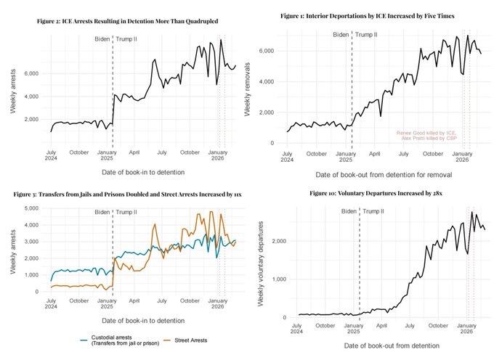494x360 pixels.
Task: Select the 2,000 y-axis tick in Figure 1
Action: coord(267,112)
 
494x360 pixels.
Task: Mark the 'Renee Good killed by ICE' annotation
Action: coord(426,133)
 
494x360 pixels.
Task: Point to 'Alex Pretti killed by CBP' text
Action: coord(428,138)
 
